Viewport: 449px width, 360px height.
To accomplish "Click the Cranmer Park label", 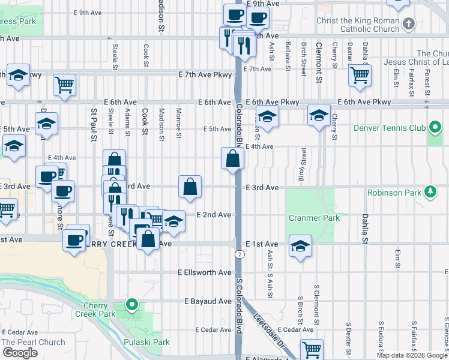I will click(313, 218).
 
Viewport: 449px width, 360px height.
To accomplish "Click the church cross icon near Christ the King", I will click(408, 24).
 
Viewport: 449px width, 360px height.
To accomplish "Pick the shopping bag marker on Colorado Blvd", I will click(232, 159).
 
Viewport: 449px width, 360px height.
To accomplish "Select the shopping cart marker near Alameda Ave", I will click(311, 349).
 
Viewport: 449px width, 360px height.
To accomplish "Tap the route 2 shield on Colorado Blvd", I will click(240, 254).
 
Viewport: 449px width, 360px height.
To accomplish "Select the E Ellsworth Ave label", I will click(205, 272).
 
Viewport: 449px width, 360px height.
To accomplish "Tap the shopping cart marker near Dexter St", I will click(360, 75).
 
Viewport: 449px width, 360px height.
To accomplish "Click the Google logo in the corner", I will click(20, 353).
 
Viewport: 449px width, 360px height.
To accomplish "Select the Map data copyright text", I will click(412, 355).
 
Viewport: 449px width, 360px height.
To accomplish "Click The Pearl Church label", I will click(33, 343).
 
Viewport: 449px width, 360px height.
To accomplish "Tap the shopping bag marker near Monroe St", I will click(190, 187).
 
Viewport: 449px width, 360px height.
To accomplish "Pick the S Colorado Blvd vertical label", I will click(238, 306).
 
